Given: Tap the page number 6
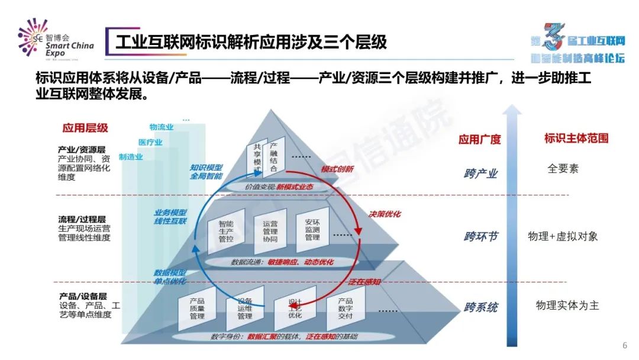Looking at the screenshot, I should point(625,346).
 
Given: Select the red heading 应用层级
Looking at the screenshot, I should point(85,128).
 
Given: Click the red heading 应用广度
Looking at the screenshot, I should point(479,140).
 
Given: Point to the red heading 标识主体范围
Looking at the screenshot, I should point(576,139).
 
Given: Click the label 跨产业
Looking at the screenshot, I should point(480,173).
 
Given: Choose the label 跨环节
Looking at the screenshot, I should point(480,237).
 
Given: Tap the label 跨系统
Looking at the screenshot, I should point(480,307).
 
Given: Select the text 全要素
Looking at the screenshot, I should point(563,169).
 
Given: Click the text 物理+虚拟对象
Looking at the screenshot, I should point(563,236).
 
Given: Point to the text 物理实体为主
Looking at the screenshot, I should point(567,306).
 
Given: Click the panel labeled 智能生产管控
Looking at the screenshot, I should point(226,232).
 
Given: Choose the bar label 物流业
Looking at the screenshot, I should point(162,127).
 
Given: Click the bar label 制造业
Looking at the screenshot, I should point(130,157).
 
